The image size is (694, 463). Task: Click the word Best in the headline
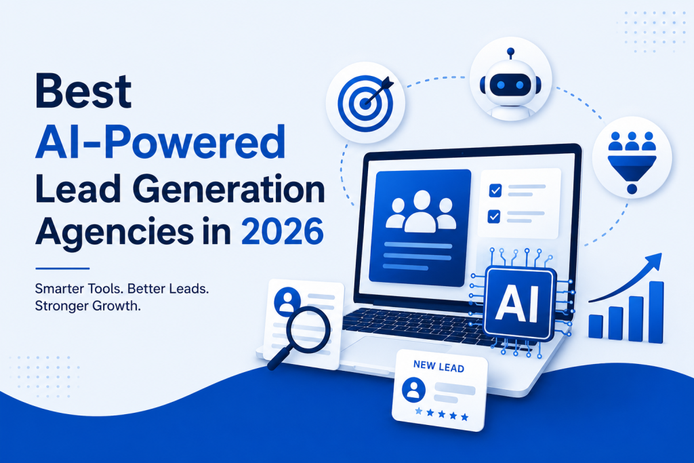click(x=83, y=92)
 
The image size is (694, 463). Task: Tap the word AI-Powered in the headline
click(x=160, y=142)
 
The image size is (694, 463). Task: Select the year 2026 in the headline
click(x=283, y=231)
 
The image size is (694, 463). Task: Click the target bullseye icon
click(x=365, y=103)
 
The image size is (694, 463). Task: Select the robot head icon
click(x=510, y=82)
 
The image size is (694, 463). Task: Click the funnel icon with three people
click(x=632, y=161)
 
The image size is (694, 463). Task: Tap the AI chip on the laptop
click(x=518, y=304)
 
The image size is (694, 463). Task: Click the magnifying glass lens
click(x=308, y=329)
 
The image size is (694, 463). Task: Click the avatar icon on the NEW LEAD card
click(x=413, y=390)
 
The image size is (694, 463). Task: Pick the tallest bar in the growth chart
click(x=656, y=312)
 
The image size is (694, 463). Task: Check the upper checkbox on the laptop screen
click(x=495, y=190)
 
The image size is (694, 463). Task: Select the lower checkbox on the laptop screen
click(x=494, y=216)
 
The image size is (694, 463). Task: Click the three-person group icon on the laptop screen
click(x=421, y=211)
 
